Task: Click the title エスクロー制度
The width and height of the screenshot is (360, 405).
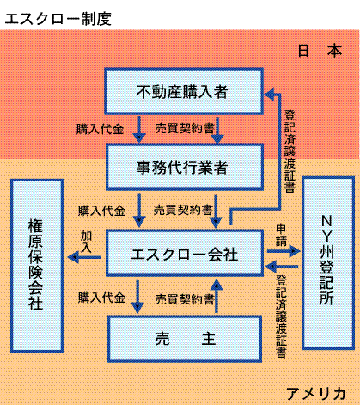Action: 58,19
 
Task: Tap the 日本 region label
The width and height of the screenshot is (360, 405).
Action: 320,51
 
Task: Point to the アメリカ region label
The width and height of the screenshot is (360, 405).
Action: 316,394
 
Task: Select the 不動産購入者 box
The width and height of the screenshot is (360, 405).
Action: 184,91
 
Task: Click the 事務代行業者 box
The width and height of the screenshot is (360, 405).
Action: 185,167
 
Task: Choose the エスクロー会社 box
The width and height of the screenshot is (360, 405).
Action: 185,253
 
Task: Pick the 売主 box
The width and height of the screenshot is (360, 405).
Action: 185,339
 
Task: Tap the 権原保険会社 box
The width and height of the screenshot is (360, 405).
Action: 37,266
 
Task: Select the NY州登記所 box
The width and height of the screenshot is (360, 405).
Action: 328,263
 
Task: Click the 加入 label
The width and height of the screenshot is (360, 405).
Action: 86,242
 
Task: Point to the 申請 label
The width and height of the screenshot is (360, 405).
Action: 281,235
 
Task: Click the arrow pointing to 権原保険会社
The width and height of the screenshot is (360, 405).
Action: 84,257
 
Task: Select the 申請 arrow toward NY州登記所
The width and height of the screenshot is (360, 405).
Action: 284,251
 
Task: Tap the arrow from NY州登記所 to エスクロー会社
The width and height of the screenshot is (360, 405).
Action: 282,267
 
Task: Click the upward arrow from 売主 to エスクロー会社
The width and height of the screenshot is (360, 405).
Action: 217,296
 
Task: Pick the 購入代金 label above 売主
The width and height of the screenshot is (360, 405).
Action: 101,298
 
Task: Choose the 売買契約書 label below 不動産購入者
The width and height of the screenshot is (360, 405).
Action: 185,128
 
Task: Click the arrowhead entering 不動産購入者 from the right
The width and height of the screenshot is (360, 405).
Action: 269,94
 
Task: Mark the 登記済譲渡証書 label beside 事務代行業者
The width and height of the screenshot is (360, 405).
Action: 290,151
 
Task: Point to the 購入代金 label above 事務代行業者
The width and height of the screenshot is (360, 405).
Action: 100,129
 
